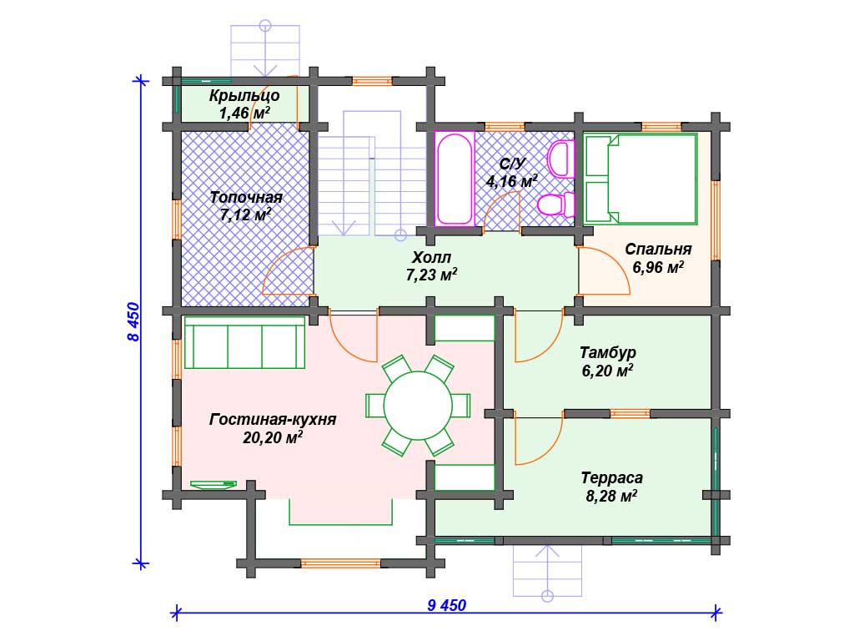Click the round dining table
pyautogui.click(x=418, y=406)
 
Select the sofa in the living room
pyautogui.click(x=244, y=342)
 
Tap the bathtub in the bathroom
pyautogui.click(x=455, y=179)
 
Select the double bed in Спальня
pyautogui.click(x=640, y=179)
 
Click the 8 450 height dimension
pyautogui.click(x=133, y=321)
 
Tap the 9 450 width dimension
pyautogui.click(x=447, y=605)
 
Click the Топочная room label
pyautogui.click(x=246, y=197)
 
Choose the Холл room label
pyautogui.click(x=431, y=257)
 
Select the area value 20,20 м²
pyautogui.click(x=273, y=437)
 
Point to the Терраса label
pyautogui.click(x=611, y=478)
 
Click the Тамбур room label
pyautogui.click(x=608, y=352)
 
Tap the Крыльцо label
pyautogui.click(x=244, y=95)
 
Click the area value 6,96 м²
pyautogui.click(x=658, y=267)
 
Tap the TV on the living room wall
pyautogui.click(x=213, y=484)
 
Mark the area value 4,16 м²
pyautogui.click(x=511, y=181)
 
